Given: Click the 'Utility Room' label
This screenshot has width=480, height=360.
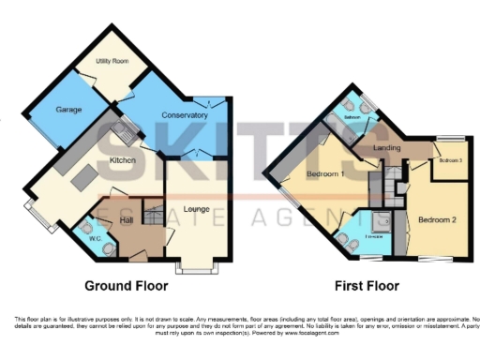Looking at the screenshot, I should click(x=112, y=61).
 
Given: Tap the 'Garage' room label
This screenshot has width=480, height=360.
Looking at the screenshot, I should click(x=68, y=110).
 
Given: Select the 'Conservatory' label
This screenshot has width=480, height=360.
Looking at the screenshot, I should click(x=184, y=115).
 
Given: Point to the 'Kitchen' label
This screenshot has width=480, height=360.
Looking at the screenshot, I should click(x=124, y=161).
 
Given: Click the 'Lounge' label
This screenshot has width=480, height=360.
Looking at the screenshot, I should click(x=196, y=208).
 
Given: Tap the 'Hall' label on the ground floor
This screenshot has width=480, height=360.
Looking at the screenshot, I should click(x=128, y=219).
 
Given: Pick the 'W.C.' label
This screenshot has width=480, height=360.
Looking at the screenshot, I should click(x=95, y=238).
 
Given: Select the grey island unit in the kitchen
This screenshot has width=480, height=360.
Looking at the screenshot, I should click(x=84, y=179).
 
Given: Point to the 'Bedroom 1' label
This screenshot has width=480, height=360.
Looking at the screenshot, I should click(x=323, y=175).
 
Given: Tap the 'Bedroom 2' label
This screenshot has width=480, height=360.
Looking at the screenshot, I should click(x=437, y=220).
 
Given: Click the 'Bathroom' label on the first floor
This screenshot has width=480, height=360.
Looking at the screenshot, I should click(x=353, y=118).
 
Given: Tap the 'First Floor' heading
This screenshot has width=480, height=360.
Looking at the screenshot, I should click(x=367, y=286).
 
